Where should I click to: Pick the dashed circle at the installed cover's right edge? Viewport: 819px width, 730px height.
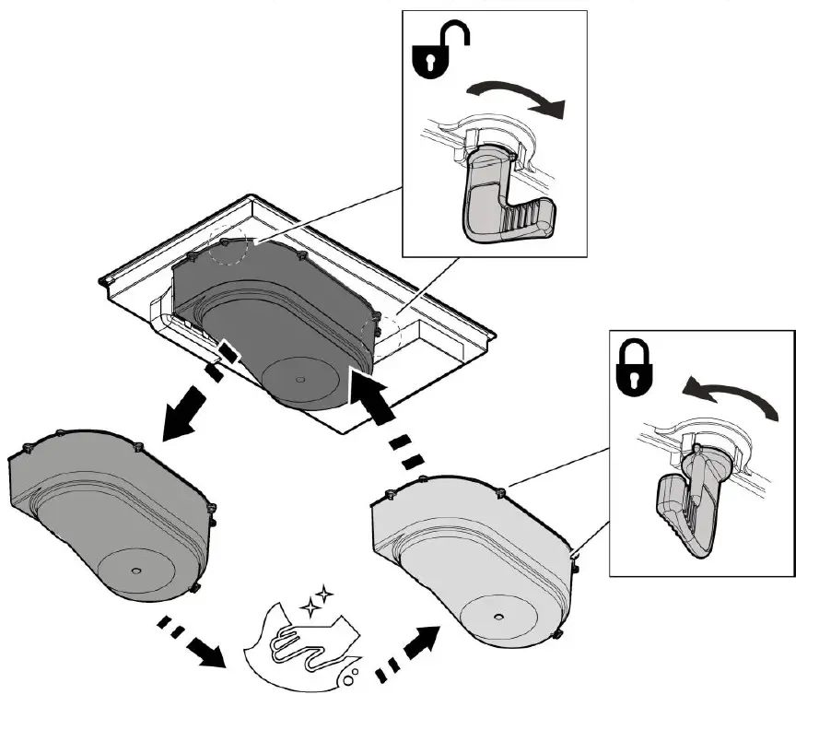click(x=377, y=331)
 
